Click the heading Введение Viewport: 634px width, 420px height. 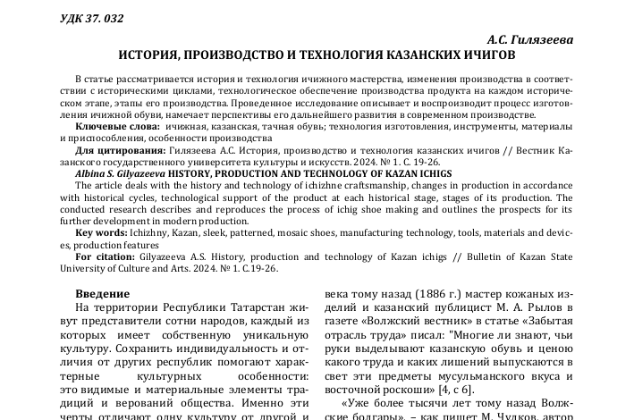coord(100,293)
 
